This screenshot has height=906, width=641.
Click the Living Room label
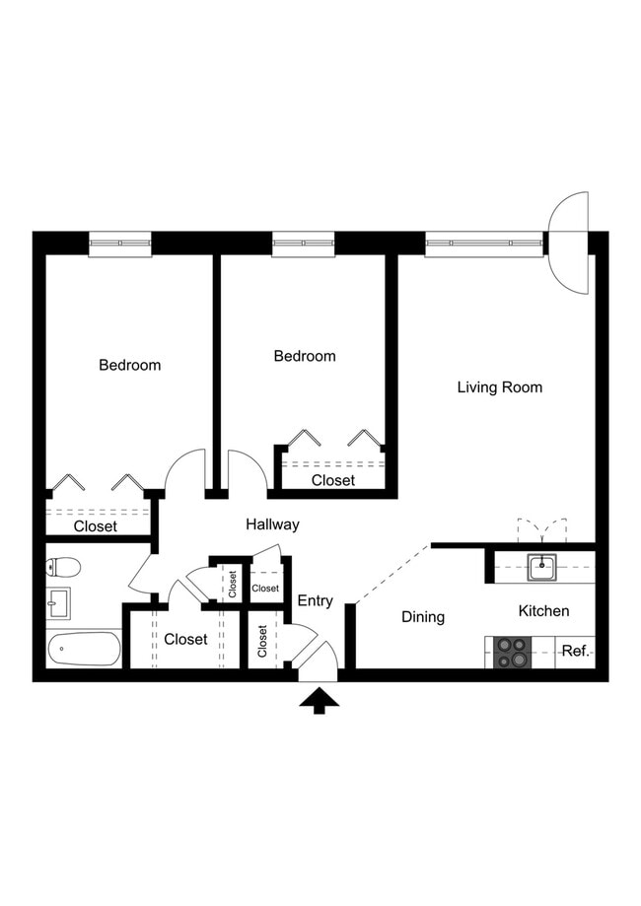click(499, 387)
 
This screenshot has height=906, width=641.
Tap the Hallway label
click(272, 525)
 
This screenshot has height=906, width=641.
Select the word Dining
click(423, 617)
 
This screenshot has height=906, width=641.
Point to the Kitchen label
click(543, 611)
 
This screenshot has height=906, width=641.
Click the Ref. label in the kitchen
click(575, 651)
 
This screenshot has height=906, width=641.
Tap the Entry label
click(316, 601)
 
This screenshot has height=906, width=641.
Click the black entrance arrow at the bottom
click(319, 700)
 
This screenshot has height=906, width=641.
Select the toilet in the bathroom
click(63, 568)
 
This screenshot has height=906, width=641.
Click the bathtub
click(84, 649)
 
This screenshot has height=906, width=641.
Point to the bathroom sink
click(58, 602)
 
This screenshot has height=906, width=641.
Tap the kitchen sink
click(541, 568)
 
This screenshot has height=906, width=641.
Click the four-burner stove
click(512, 652)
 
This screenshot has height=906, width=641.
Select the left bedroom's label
click(129, 366)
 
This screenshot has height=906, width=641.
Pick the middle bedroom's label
click(305, 357)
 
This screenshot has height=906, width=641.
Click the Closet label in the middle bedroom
click(333, 481)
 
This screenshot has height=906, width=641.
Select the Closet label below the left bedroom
click(96, 526)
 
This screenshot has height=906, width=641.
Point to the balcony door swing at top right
click(569, 241)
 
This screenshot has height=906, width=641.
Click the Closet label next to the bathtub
click(185, 639)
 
